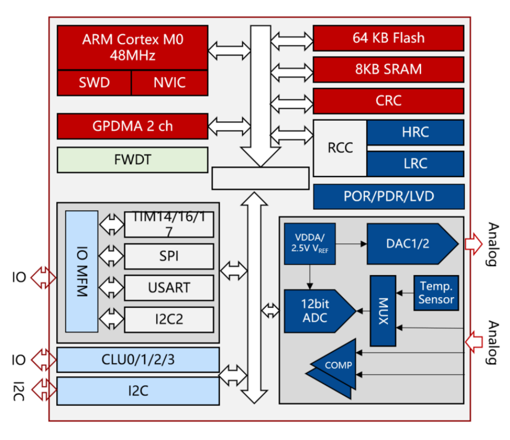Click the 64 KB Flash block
pyautogui.click(x=388, y=38)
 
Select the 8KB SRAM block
pyautogui.click(x=388, y=69)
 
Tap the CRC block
pyautogui.click(x=388, y=100)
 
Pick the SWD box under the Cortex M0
pyautogui.click(x=94, y=83)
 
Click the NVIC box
pyautogui.click(x=169, y=83)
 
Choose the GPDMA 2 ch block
pyautogui.click(x=132, y=126)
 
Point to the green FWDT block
pyautogui.click(x=132, y=160)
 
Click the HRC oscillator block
pyautogui.click(x=415, y=132)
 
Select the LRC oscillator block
pyautogui.click(x=415, y=163)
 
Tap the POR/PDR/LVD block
pyautogui.click(x=388, y=197)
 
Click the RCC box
pyautogui.click(x=339, y=148)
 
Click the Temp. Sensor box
pyautogui.click(x=436, y=292)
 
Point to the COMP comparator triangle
pyautogui.click(x=337, y=365)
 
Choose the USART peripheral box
pyautogui.click(x=169, y=288)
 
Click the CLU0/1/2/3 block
pyautogui.click(x=137, y=360)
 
